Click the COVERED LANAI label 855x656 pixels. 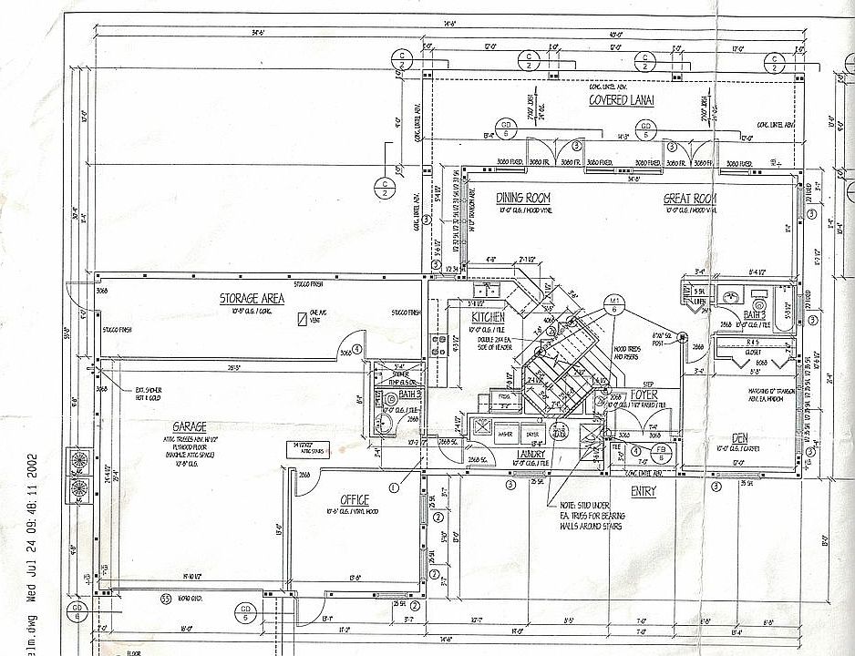pos(622,100)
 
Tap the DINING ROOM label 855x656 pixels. pos(523,198)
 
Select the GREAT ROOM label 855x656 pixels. pos(690,199)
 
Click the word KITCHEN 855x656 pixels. pos(488,317)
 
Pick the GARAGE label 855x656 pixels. pos(189,426)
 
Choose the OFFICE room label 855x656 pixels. pos(354,499)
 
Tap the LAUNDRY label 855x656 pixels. pos(531,453)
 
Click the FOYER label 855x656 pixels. pos(644,395)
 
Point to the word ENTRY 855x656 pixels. pos(644,491)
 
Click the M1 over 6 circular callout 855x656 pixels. pos(614,303)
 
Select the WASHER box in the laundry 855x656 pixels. pos(505,435)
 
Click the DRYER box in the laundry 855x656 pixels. pos(532,435)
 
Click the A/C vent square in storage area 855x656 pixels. pos(301,320)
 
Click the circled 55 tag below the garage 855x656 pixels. pos(165,599)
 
